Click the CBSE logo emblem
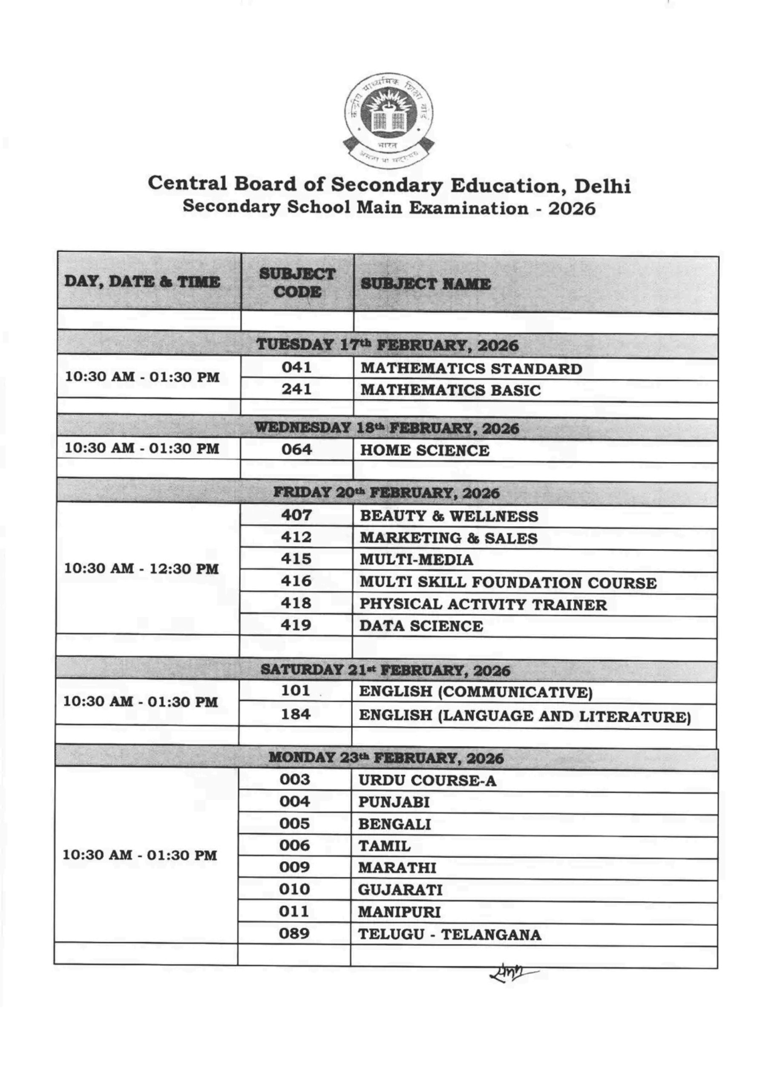(388, 121)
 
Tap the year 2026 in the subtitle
(572, 208)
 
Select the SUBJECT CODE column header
(297, 283)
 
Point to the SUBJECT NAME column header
(426, 284)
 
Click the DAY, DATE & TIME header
(142, 282)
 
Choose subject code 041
(297, 367)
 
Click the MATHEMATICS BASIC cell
(450, 390)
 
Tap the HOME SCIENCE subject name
(424, 450)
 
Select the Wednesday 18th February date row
(386, 428)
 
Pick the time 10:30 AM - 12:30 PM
(141, 568)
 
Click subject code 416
(296, 581)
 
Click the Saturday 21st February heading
(385, 670)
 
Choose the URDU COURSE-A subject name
(427, 781)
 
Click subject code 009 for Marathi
(294, 867)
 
